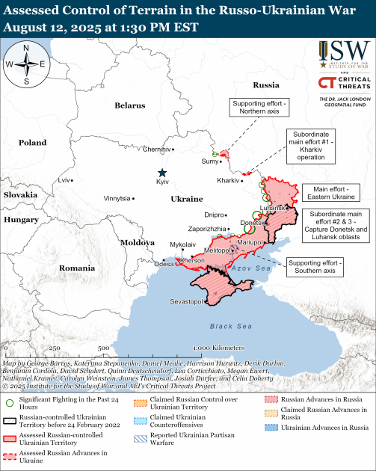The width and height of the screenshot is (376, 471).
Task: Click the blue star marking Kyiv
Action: click(x=161, y=173)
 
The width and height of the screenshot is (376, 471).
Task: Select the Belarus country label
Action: click(x=130, y=105)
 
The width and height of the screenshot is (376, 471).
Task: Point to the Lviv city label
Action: click(x=66, y=180)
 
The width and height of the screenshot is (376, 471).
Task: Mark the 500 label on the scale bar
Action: click(x=103, y=348)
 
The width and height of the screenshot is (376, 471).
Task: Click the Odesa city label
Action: click(x=162, y=264)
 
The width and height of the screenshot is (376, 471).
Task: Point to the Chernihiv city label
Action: click(x=154, y=150)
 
